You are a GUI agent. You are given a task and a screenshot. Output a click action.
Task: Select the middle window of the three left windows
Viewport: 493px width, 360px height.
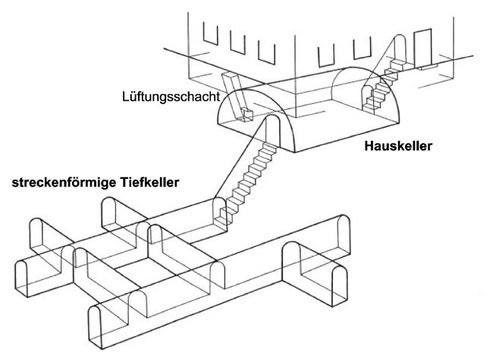pos(238,42)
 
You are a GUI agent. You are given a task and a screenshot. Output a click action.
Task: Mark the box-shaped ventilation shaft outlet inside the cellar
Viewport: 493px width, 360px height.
pos(246,114)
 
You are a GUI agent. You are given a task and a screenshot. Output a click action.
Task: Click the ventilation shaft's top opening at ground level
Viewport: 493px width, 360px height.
pos(230,80)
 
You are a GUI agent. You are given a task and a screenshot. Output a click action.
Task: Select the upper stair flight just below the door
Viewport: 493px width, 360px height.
pos(393,70)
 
